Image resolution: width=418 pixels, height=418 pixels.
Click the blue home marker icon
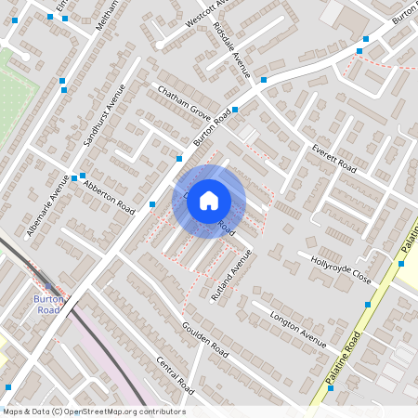pyautogui.click(x=209, y=200)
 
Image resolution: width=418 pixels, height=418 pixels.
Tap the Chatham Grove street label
pyautogui.click(x=185, y=103)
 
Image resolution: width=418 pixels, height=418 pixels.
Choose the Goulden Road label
pyautogui.click(x=205, y=341)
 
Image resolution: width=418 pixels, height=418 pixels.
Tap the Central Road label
pyautogui.click(x=174, y=373)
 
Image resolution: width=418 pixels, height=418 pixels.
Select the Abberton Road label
pyautogui.click(x=109, y=196)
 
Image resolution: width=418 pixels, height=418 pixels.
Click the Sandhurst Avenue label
pyautogui.click(x=103, y=115)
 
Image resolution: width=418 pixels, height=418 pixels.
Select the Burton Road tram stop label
pyautogui.click(x=48, y=306)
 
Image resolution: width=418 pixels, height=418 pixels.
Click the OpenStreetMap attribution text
pyautogui.click(x=94, y=411)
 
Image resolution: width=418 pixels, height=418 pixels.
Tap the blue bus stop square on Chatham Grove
pyautogui.click(x=234, y=110)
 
